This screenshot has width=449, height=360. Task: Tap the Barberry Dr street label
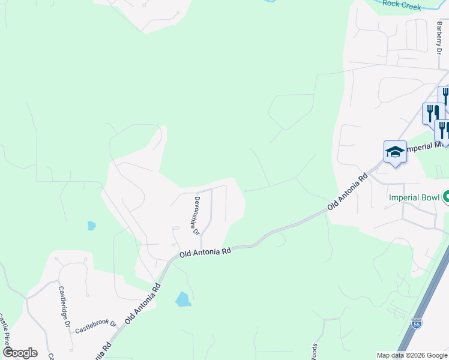point(439,38)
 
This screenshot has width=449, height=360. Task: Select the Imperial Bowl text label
point(414,197)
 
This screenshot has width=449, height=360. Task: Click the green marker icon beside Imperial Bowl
point(446,196)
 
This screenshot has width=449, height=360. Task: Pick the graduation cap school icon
point(395,152)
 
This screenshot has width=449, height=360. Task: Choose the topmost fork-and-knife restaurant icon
point(445,96)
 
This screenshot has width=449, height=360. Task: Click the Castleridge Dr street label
point(65,306)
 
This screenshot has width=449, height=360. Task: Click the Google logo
point(20,353)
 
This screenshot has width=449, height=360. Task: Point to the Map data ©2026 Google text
point(411,355)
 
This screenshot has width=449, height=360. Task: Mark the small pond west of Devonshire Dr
point(91,226)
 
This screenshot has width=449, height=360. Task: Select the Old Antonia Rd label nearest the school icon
point(348,192)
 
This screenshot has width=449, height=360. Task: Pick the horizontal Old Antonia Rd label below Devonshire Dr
point(205,253)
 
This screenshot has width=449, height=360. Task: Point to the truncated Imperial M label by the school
point(427,147)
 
